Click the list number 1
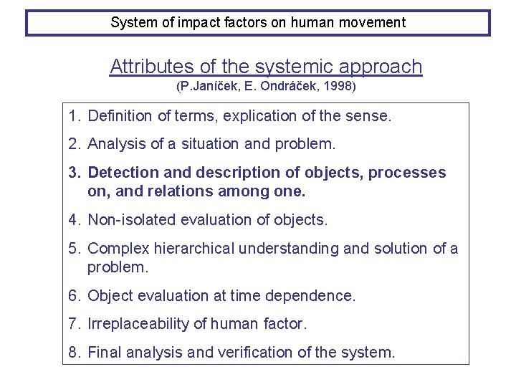click(x=73, y=115)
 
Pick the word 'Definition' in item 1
click(x=119, y=115)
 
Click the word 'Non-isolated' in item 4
click(x=130, y=220)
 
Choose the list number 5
click(x=73, y=249)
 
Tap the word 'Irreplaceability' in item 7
click(x=138, y=324)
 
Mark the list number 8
click(x=73, y=353)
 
